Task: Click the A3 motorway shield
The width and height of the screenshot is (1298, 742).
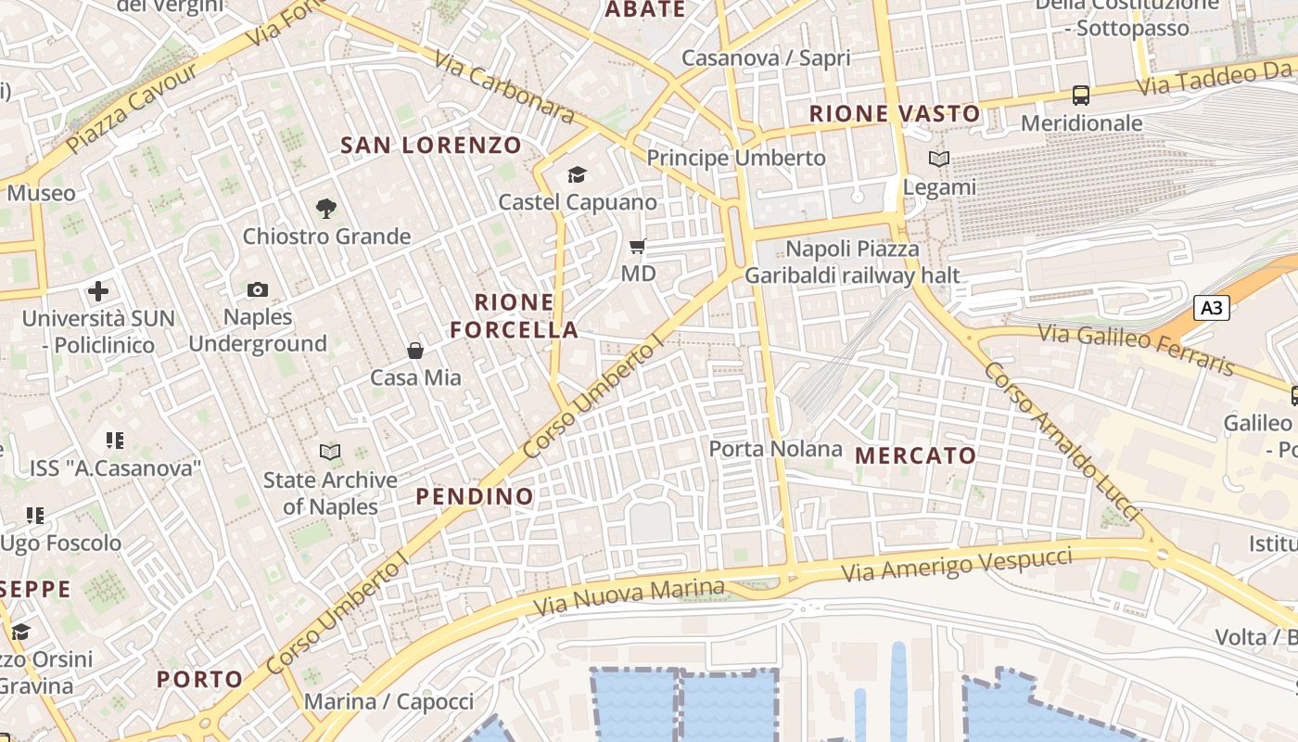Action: [x=1211, y=308]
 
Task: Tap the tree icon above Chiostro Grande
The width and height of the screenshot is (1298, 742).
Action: [x=325, y=209]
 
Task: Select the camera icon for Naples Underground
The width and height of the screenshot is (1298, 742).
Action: [x=258, y=289]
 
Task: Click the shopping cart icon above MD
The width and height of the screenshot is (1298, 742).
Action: [x=637, y=247]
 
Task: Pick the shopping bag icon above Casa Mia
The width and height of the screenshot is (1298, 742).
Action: [x=415, y=351]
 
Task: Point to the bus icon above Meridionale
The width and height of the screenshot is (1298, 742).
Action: [x=1081, y=95]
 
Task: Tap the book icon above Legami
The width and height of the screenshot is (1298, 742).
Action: [x=939, y=160]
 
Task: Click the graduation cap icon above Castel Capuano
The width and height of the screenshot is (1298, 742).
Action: [x=577, y=174]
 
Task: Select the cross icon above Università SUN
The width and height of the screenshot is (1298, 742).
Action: [x=98, y=291]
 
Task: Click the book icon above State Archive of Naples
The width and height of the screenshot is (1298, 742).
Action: [x=330, y=453]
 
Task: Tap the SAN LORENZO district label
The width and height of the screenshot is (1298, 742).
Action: [x=431, y=146]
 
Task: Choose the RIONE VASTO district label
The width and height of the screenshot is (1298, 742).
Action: [x=895, y=114]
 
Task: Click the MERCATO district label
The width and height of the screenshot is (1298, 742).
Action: [x=915, y=455]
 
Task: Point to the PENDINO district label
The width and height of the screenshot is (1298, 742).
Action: [x=475, y=496]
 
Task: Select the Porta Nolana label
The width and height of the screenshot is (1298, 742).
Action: [x=775, y=450]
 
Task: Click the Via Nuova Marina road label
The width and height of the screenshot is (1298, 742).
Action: [x=629, y=597]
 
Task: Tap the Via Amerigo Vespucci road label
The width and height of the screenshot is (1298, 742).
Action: [x=957, y=564]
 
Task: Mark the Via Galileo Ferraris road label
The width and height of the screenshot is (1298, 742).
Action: [x=1136, y=349]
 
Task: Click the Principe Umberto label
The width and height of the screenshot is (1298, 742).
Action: [x=735, y=158]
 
